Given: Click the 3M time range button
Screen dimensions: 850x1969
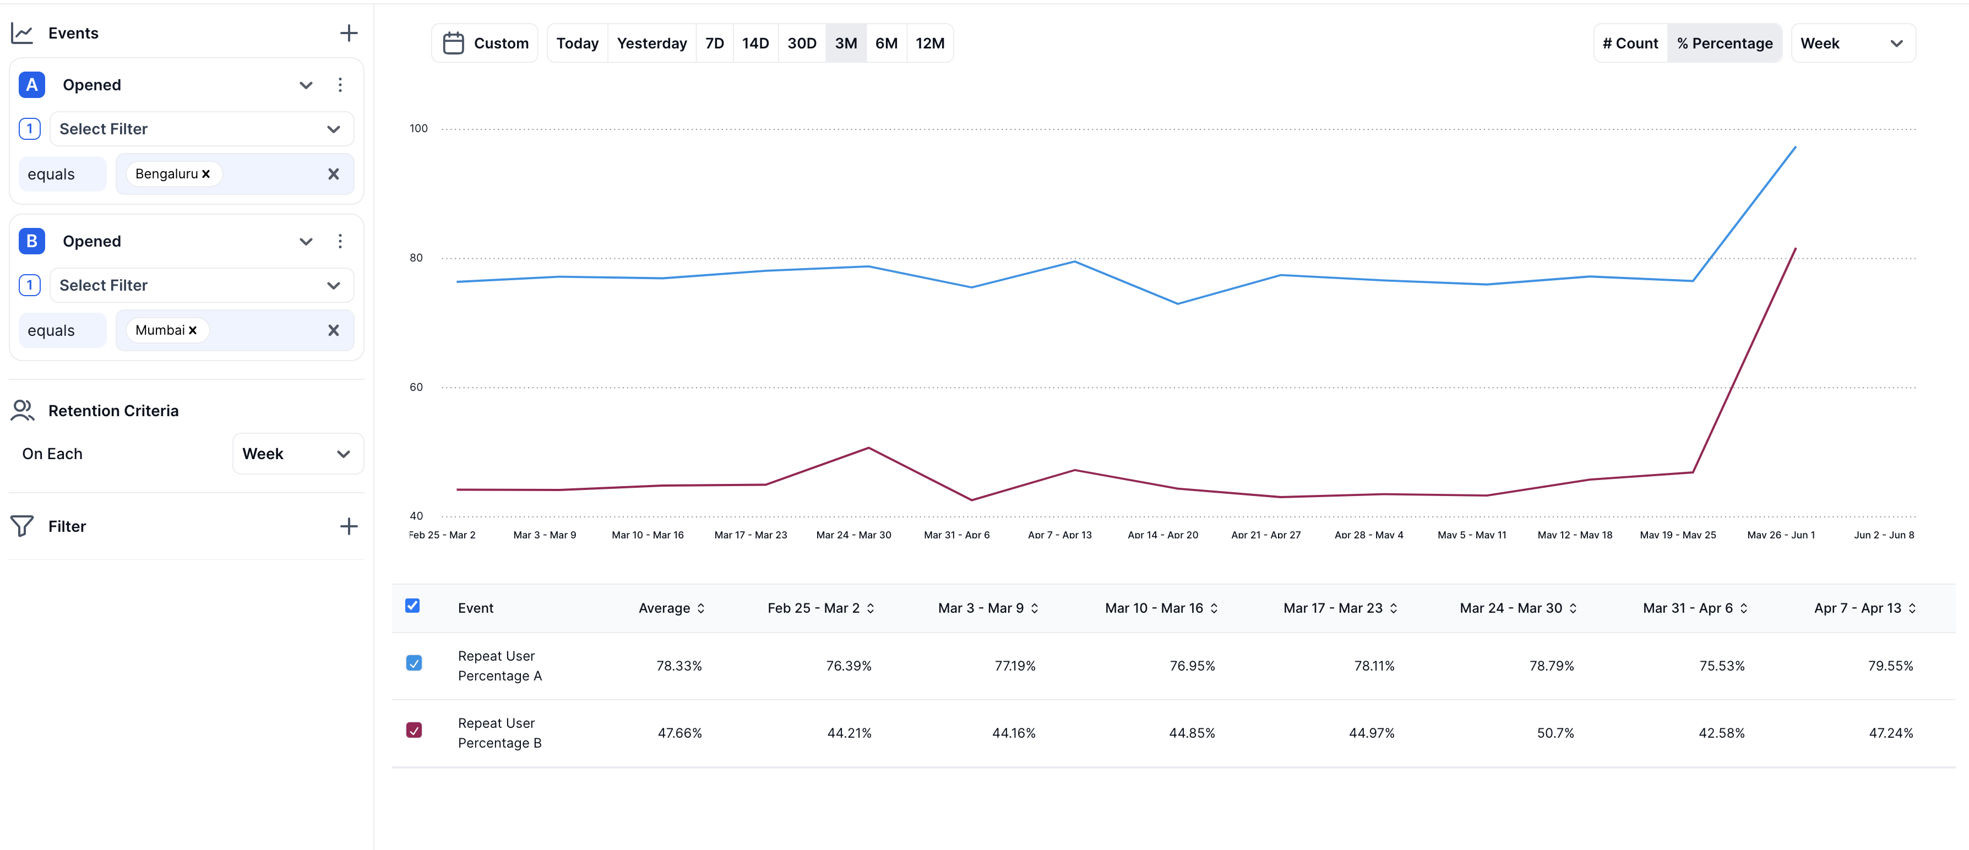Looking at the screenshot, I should (845, 43).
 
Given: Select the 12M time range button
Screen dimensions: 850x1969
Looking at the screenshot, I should (929, 43).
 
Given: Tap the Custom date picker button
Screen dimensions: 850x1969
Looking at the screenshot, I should (486, 43).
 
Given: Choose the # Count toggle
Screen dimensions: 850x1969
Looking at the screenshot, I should (1630, 43).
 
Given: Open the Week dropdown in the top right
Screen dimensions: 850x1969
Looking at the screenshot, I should (1852, 43).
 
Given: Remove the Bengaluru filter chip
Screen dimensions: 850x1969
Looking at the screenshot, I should (205, 175).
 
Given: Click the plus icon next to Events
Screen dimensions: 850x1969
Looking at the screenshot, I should (349, 33).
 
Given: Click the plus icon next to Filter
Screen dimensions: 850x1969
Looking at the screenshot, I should (349, 526).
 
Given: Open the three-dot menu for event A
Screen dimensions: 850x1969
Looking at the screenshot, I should (340, 85).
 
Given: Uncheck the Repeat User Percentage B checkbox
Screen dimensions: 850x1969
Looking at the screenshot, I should (414, 730).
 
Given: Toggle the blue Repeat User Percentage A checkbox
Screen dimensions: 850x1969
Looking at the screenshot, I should (414, 663).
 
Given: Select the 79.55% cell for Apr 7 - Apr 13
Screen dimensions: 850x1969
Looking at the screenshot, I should (1890, 666).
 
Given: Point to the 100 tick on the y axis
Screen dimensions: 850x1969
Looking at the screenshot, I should (418, 128).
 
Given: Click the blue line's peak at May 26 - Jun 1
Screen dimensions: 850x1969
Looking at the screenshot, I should (1794, 147).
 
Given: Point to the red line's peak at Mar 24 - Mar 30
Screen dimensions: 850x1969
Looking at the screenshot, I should (868, 448).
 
